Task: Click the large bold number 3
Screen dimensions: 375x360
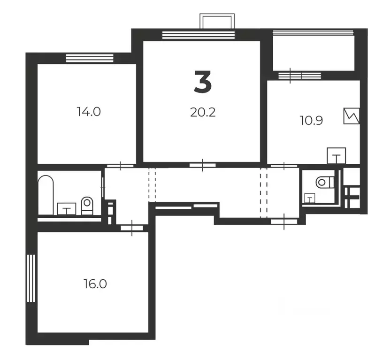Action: pos(203,82)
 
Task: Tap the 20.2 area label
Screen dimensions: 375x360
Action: pos(203,112)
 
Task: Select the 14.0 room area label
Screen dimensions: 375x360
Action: pos(89,112)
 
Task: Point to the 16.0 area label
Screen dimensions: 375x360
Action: pos(95,284)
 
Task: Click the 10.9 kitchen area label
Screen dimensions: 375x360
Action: pos(311,120)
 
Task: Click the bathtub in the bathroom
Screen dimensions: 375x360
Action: pos(46,195)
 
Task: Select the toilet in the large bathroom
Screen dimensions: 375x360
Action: pos(87,206)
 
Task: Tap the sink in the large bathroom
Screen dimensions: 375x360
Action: pos(67,209)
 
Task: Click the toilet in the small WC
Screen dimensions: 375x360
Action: pos(325,183)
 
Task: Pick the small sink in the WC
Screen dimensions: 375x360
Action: pos(310,198)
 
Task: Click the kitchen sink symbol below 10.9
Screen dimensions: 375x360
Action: pos(337,156)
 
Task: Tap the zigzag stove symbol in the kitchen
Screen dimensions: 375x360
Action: pos(352,116)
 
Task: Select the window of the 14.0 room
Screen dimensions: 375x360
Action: pos(90,58)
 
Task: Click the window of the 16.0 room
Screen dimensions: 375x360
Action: pos(31,278)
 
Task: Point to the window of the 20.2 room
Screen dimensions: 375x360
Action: pos(198,35)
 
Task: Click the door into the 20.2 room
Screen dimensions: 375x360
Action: pos(203,165)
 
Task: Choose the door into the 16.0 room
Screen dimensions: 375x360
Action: pos(132,228)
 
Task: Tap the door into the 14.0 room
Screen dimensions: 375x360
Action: pos(120,166)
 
